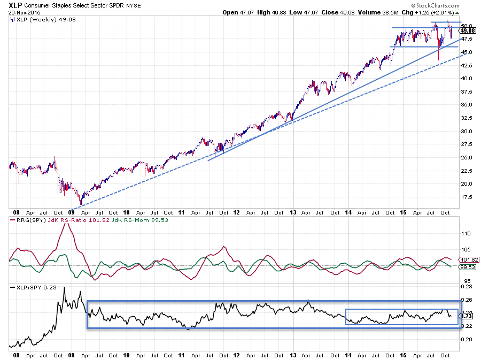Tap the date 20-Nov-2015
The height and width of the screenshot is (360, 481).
18,12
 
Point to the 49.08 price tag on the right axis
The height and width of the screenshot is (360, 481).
467,31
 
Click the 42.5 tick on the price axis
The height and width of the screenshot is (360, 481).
467,65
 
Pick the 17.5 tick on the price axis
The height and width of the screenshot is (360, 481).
467,197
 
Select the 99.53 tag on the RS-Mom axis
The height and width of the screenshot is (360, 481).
467,266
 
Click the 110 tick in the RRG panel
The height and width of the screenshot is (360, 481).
465,234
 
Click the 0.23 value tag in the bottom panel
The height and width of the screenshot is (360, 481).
466,316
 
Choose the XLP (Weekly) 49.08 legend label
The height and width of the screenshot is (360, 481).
35,20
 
